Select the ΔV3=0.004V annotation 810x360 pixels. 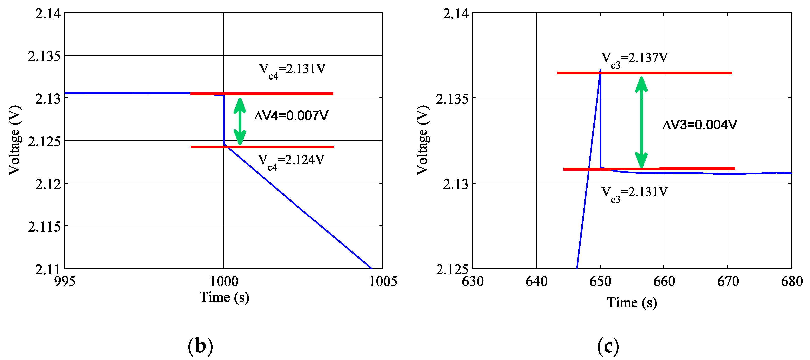[x=700, y=125]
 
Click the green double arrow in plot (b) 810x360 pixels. [x=240, y=121]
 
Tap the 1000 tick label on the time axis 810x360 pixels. [x=224, y=281]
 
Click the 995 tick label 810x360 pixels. [x=65, y=281]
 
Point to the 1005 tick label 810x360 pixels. [x=383, y=281]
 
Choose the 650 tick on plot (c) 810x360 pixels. [x=600, y=281]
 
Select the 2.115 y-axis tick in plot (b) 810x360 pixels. [x=44, y=227]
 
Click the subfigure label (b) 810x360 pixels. [x=200, y=346]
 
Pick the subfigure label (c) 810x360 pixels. [x=608, y=346]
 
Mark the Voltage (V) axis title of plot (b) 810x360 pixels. [x=15, y=140]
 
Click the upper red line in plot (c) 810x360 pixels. [x=644, y=73]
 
